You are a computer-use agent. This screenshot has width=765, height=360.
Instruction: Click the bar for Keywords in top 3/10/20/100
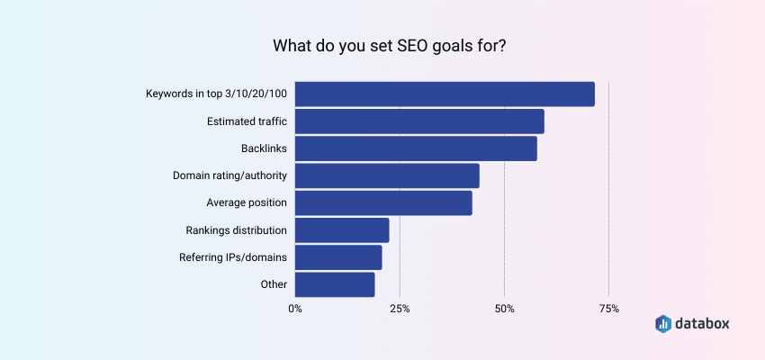pyautogui.click(x=445, y=94)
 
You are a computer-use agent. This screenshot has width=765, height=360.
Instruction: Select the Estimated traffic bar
pyautogui.click(x=419, y=121)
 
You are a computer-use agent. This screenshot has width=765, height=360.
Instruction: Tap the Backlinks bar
pyautogui.click(x=416, y=148)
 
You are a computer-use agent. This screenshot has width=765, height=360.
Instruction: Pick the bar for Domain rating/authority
pyautogui.click(x=387, y=175)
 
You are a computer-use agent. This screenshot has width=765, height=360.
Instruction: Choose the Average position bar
pyautogui.click(x=383, y=202)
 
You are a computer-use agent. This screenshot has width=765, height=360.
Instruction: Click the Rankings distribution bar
pyautogui.click(x=342, y=229)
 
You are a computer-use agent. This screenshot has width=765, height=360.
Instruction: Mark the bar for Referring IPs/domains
pyautogui.click(x=338, y=257)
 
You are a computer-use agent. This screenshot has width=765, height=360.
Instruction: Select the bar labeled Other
pyautogui.click(x=335, y=284)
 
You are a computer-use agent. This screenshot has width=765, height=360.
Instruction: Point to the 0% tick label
pyautogui.click(x=295, y=309)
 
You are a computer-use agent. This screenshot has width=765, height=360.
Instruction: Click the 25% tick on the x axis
pyautogui.click(x=400, y=309)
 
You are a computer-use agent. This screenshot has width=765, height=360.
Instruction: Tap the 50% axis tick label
pyautogui.click(x=504, y=309)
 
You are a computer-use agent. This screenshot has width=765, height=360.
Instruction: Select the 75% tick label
pyautogui.click(x=608, y=309)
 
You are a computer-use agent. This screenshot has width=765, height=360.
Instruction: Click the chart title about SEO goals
pyautogui.click(x=382, y=43)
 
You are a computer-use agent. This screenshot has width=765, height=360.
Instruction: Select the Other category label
pyautogui.click(x=274, y=284)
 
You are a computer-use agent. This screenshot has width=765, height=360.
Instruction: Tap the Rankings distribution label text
pyautogui.click(x=237, y=229)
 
